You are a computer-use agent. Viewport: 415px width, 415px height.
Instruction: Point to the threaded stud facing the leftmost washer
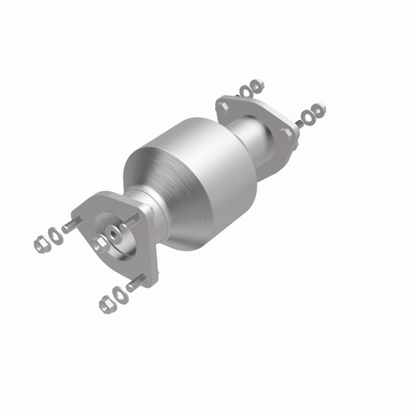(71, 226)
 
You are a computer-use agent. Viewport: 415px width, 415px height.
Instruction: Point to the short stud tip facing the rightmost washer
(298, 123)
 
